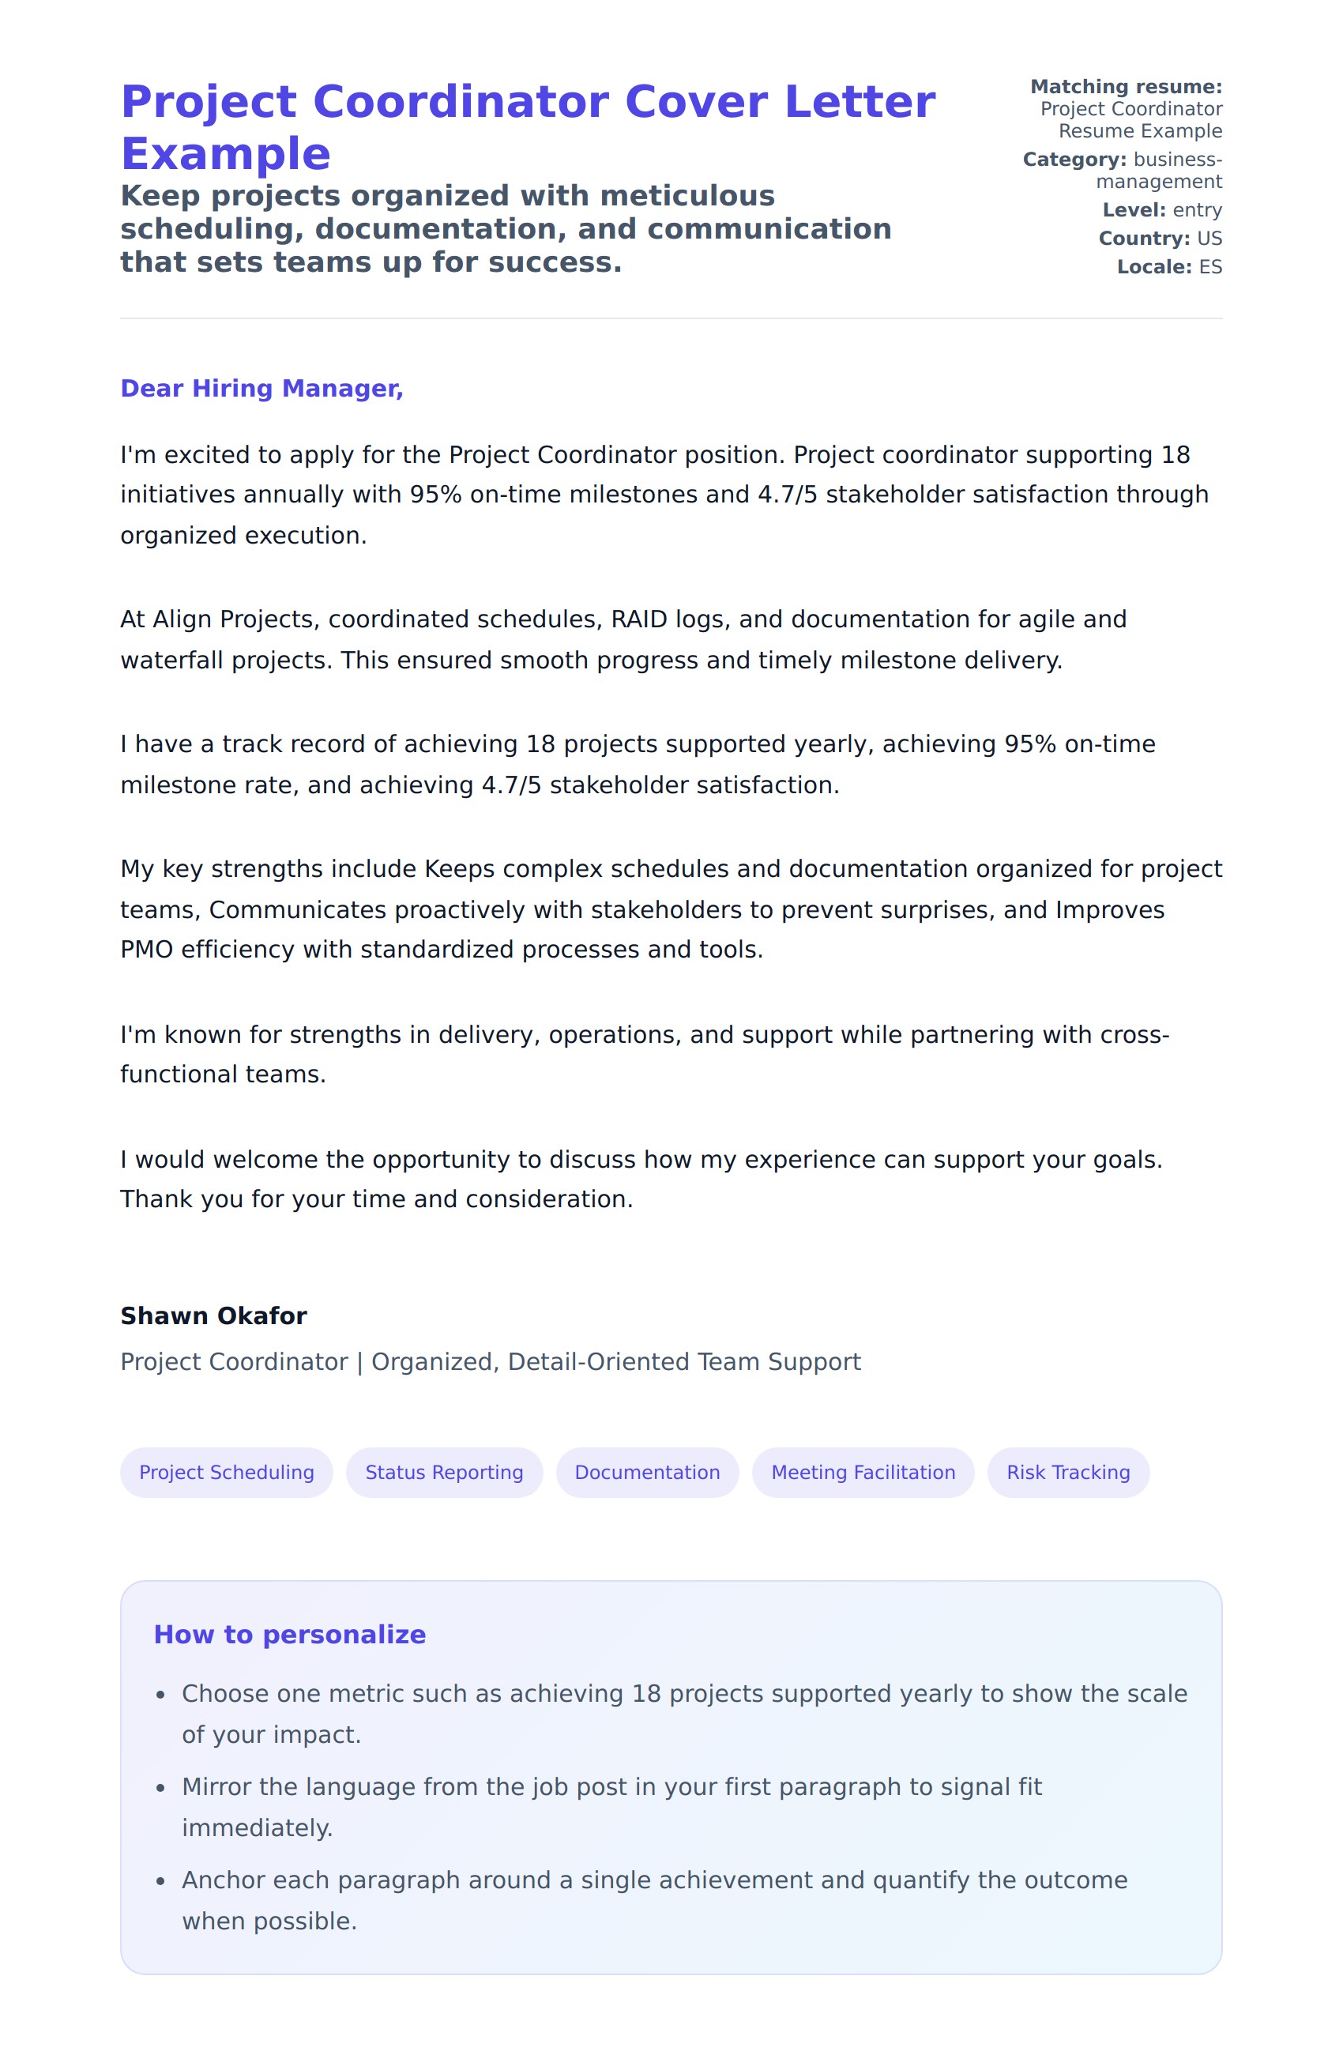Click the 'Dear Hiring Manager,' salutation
point(261,389)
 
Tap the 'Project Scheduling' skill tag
point(227,1472)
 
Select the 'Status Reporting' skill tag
point(444,1472)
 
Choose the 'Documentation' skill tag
point(647,1472)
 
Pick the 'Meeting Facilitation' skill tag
point(863,1472)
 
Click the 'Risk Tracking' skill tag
point(1067,1472)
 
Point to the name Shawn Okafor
point(213,1316)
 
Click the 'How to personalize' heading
point(289,1635)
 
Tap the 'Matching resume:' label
point(1125,87)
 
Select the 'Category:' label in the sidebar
point(1074,160)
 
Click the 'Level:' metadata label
point(1134,210)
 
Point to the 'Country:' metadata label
point(1143,239)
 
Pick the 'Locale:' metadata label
point(1154,267)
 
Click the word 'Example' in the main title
point(226,154)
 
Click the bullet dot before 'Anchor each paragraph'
point(160,1882)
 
